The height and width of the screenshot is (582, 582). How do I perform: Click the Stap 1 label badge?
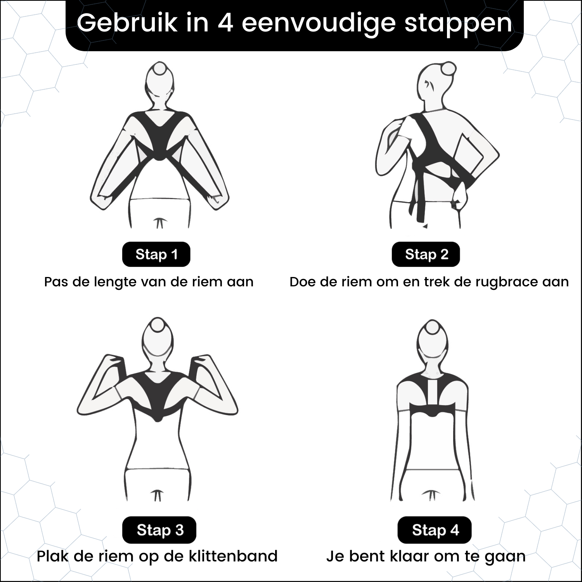[156, 255]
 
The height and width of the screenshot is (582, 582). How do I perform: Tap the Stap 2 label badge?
[426, 255]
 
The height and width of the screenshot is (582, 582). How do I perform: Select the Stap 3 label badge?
[159, 530]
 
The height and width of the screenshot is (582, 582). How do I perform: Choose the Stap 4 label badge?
[434, 530]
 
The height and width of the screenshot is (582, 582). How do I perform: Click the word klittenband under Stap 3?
[233, 556]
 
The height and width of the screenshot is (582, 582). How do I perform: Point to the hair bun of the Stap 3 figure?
[158, 325]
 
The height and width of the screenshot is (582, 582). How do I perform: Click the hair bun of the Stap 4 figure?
[432, 327]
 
